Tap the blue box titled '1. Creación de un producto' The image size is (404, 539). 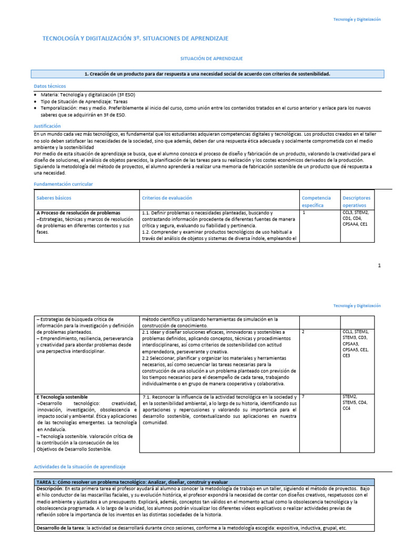(x=207, y=74)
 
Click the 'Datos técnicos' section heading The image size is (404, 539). (x=49, y=85)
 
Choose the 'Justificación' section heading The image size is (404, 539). (x=47, y=126)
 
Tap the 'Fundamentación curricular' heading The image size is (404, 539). (x=63, y=184)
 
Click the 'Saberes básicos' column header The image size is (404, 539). (x=54, y=198)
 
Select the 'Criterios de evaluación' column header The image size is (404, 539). (x=167, y=198)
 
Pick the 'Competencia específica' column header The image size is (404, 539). (x=316, y=201)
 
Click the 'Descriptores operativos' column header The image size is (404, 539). (x=357, y=201)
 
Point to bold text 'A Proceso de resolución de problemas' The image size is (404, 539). (x=78, y=213)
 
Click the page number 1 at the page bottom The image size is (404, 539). (x=379, y=265)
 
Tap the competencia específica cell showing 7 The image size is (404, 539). (x=304, y=396)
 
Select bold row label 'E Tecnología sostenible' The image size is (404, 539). (x=62, y=396)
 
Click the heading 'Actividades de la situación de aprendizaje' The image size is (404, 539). (x=79, y=467)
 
